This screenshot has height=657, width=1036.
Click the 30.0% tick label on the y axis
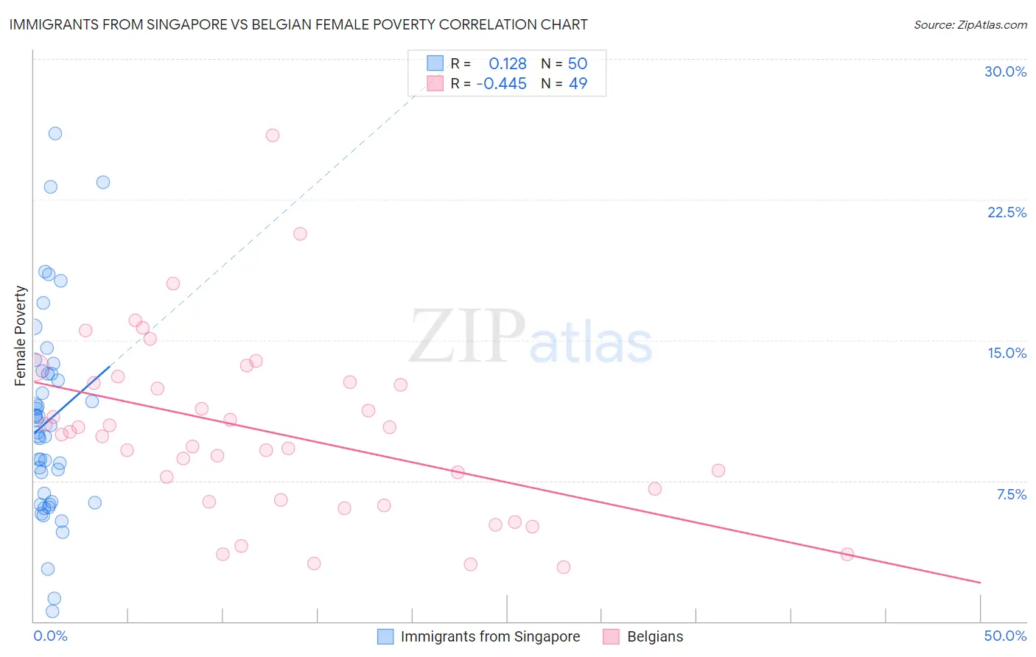pos(1005,71)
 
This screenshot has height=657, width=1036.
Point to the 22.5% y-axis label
pos(1007,212)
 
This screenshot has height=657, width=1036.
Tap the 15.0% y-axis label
pos(1007,353)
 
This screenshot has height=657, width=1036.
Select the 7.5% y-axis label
pos(1011,494)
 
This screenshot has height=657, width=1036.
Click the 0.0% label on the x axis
pos(50,636)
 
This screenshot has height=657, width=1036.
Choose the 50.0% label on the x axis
pos(1005,636)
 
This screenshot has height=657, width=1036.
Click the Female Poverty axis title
pos(21,336)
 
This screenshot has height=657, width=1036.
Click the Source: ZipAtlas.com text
pos(970,24)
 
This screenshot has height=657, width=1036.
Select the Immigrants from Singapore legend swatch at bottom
pos(385,636)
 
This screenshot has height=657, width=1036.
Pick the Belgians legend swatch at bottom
pos(611,636)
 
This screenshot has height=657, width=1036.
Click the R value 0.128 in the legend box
pos(507,64)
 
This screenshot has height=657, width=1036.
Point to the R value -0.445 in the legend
pos(501,84)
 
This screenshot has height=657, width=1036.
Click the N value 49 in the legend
pos(578,84)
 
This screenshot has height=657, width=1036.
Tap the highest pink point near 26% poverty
pos(273,136)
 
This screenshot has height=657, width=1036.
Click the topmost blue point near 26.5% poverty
pos(55,133)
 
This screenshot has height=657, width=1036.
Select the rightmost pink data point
pos(847,554)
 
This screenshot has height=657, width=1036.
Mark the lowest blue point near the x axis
pos(52,611)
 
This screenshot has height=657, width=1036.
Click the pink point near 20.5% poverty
pos(300,233)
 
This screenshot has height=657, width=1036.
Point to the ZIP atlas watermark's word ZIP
pos(467,336)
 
